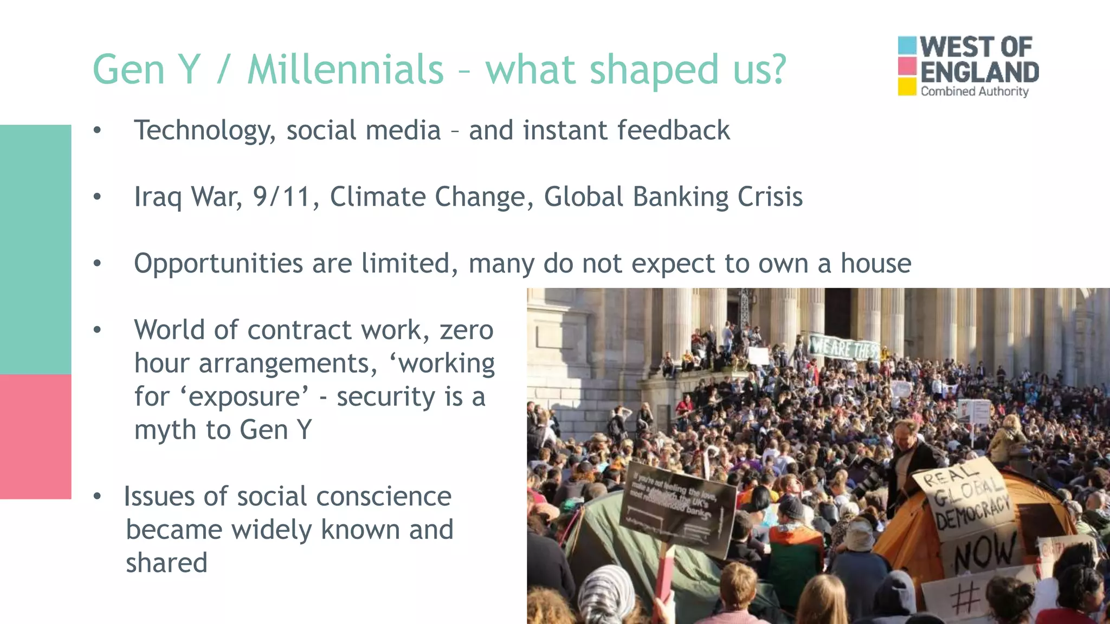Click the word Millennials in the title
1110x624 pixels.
click(345, 69)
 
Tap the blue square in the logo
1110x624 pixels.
click(907, 45)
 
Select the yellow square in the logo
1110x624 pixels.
click(907, 87)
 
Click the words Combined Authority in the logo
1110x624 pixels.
click(974, 92)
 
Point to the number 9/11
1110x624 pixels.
click(281, 197)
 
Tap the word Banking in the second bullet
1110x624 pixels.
click(680, 197)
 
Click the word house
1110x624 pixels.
click(875, 263)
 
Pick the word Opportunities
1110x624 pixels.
click(218, 264)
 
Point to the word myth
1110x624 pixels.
click(165, 430)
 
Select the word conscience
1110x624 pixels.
click(383, 496)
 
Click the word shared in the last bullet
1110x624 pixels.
click(166, 563)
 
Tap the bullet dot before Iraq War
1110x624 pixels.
click(97, 197)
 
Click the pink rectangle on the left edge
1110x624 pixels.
click(35, 436)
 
